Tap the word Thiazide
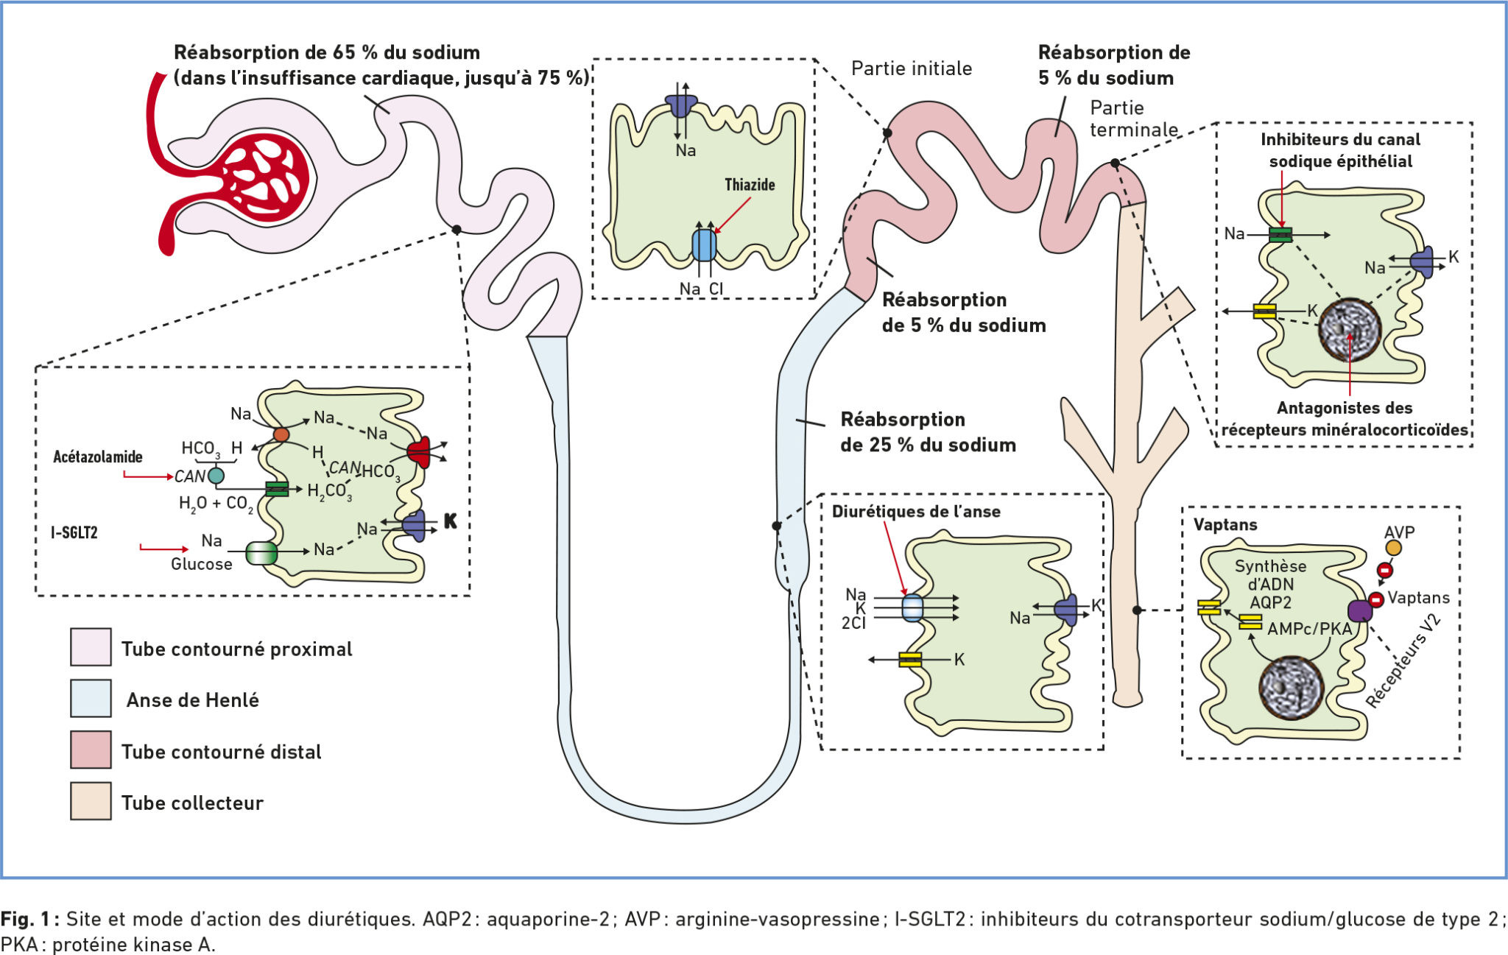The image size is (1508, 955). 750,185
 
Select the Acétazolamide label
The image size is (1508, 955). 97,457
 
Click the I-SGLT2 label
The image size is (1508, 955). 74,532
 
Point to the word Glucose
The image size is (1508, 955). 202,564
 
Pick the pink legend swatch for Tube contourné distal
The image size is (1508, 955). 91,750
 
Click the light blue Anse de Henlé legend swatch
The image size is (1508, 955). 91,699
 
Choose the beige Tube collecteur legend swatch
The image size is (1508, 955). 91,801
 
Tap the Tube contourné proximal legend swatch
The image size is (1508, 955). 91,647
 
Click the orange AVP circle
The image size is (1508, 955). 1393,548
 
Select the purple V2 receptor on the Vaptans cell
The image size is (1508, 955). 1359,610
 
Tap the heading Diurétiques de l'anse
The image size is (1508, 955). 916,512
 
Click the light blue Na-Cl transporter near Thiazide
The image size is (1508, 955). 704,245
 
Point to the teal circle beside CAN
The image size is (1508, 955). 216,476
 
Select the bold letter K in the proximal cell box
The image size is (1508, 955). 450,521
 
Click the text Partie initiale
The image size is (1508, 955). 912,68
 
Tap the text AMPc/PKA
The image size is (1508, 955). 1309,629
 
